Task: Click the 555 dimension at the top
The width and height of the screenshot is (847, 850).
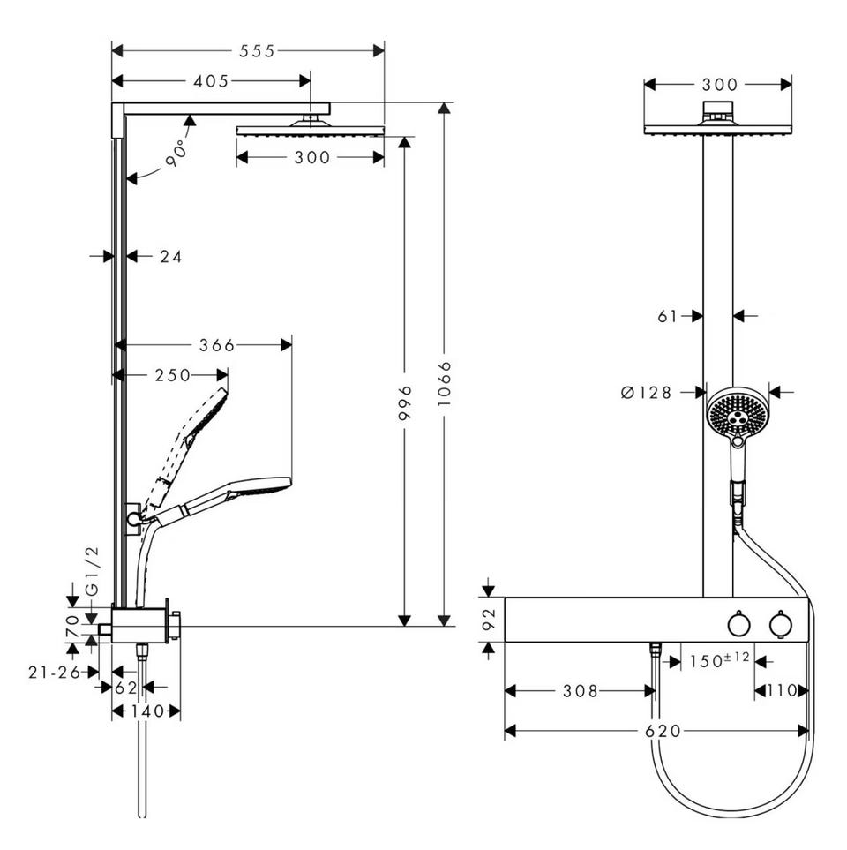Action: click(258, 51)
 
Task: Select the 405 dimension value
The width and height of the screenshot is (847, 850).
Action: click(212, 81)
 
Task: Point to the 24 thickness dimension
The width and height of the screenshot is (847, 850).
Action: click(170, 256)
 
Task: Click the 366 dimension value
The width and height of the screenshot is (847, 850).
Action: click(217, 345)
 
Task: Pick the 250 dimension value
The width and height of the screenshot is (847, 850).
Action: click(173, 375)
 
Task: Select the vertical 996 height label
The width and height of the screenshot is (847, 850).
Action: click(405, 402)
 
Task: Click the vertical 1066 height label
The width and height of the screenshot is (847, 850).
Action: click(444, 384)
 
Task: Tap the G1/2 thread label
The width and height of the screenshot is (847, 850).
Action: click(94, 571)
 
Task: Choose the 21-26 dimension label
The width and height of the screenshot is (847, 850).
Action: click(54, 673)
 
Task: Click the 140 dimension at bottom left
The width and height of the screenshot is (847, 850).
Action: click(146, 711)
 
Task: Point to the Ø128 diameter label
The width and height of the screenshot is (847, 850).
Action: click(646, 392)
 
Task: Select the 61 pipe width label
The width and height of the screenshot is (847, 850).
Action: click(668, 315)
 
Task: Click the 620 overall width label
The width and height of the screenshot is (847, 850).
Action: click(663, 731)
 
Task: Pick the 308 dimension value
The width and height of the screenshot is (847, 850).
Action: click(581, 691)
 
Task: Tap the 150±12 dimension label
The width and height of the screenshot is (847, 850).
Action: click(719, 660)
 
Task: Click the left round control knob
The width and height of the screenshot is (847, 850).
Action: click(738, 624)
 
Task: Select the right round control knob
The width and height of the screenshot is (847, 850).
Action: click(780, 624)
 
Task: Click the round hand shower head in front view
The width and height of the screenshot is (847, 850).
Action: click(738, 414)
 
